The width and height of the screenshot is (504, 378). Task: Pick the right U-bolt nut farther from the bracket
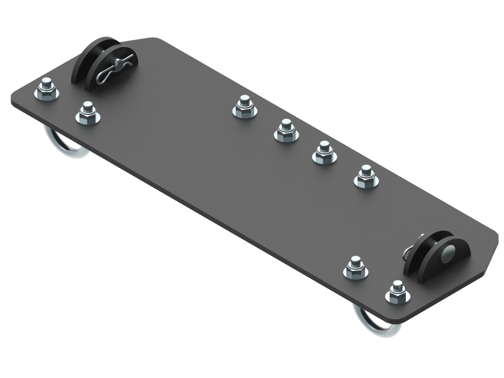tap(356, 269)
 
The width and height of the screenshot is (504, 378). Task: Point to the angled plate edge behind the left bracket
tap(138, 39)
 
